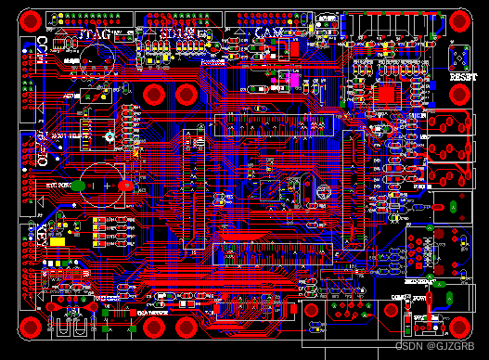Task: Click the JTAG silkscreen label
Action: [x=97, y=34]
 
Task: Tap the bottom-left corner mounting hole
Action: [x=32, y=326]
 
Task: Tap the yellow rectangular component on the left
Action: [x=58, y=242]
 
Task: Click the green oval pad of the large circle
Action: [x=80, y=186]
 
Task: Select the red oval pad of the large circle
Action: [x=125, y=186]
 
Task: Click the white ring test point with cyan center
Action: [x=108, y=136]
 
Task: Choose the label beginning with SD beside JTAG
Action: [x=176, y=34]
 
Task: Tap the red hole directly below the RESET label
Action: [x=461, y=122]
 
